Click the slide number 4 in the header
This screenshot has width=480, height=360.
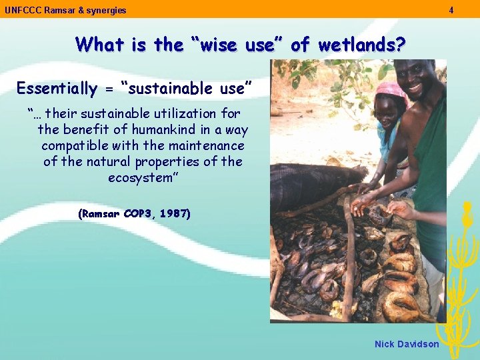[451, 10]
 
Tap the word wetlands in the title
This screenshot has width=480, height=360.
[361, 45]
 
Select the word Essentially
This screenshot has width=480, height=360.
[57, 88]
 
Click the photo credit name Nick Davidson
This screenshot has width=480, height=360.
[407, 344]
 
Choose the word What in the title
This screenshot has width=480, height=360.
[99, 45]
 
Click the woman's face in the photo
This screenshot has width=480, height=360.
[388, 111]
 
